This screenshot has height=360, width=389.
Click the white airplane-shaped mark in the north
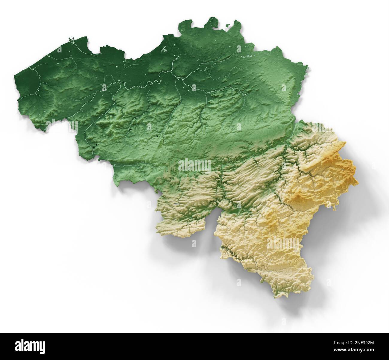click(x=165, y=50)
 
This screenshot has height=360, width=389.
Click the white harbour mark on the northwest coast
click(x=72, y=39)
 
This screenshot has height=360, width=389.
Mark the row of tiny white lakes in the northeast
click(x=247, y=56)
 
